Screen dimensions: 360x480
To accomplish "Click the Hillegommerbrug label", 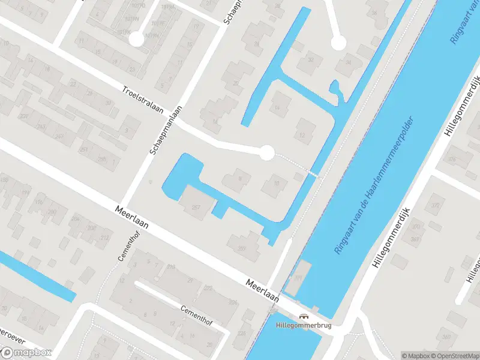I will click(303, 326).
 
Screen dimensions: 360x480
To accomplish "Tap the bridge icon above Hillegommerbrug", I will click(304, 316).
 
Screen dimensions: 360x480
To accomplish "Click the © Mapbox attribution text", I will click(415, 355).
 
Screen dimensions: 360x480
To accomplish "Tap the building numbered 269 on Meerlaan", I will click(241, 247).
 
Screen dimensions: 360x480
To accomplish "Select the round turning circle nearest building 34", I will click(338, 43).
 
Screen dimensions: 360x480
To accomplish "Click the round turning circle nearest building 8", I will click(266, 153).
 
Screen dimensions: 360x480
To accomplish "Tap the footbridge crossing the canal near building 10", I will click(311, 173).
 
